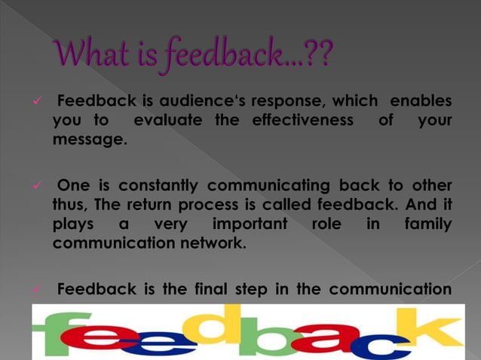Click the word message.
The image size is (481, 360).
pos(90,140)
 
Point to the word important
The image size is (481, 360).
pos(250,224)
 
